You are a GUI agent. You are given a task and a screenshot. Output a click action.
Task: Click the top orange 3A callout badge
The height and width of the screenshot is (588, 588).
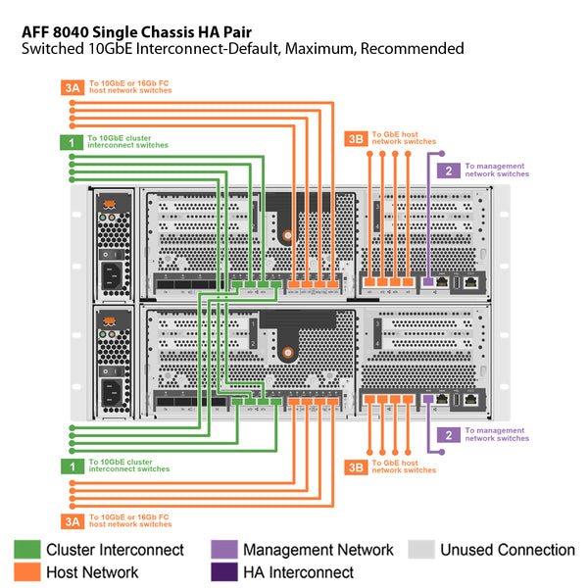point(73,88)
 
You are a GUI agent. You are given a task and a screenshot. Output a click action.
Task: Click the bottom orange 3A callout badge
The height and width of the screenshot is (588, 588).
point(73,521)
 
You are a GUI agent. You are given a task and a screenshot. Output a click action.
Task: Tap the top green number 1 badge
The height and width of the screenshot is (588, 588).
point(72,142)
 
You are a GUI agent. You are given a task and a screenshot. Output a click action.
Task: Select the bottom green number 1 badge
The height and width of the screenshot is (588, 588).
point(73,466)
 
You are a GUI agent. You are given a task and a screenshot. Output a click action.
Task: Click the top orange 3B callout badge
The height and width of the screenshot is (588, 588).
point(356,139)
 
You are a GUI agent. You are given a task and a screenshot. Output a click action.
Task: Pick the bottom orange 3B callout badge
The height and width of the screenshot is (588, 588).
point(356,467)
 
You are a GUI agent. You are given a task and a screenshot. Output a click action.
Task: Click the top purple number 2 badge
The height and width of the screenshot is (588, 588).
point(449,171)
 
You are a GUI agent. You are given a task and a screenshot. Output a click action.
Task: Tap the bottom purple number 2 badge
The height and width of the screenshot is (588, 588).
point(449,435)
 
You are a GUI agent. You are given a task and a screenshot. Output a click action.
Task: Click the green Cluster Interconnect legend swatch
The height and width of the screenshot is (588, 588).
point(27,550)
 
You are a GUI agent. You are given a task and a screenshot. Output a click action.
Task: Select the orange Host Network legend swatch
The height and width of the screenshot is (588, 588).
point(27,572)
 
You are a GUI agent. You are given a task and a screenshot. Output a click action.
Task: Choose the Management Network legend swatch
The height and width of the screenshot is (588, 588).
point(224,550)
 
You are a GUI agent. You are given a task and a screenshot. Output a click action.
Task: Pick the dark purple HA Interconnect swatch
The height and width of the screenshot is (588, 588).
point(224,572)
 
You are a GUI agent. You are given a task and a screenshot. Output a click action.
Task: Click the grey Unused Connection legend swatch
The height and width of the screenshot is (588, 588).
point(421,550)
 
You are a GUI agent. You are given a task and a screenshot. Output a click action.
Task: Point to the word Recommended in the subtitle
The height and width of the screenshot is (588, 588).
point(413,49)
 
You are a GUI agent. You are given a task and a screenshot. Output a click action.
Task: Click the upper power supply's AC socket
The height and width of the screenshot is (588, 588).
point(112,275)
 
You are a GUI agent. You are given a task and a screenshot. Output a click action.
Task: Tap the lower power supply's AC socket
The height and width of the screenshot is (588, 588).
point(112,393)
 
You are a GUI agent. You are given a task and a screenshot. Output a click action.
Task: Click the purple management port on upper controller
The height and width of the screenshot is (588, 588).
point(428,281)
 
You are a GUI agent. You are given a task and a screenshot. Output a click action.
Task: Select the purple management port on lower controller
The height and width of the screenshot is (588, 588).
point(428,399)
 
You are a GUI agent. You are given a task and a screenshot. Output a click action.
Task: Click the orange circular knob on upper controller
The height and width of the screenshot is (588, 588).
point(287,235)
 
